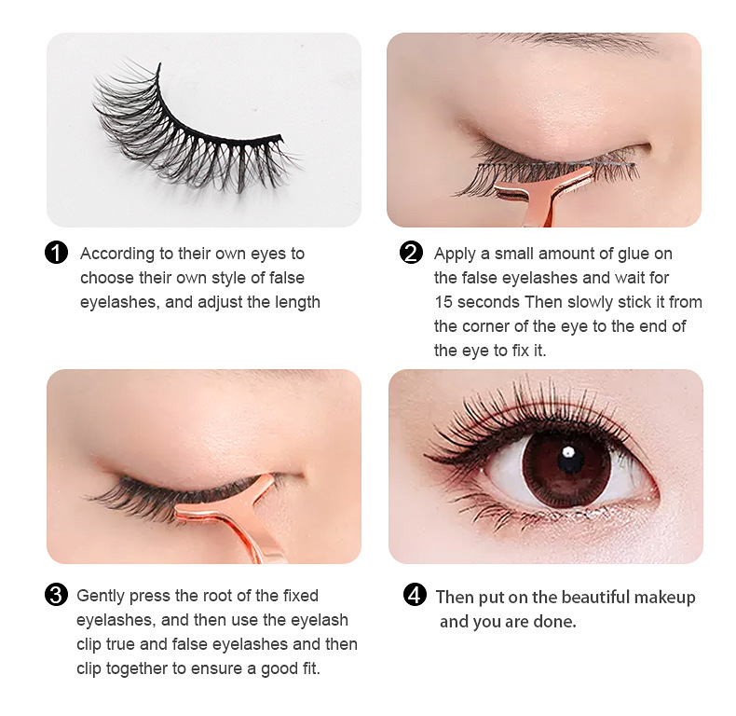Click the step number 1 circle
tap(56, 253)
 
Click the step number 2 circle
tap(411, 253)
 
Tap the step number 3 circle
tap(56, 595)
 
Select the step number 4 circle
tap(415, 596)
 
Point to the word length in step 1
tap(295, 302)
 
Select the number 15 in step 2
tap(443, 302)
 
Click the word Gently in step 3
tap(99, 596)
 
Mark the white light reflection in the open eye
tap(567, 453)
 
